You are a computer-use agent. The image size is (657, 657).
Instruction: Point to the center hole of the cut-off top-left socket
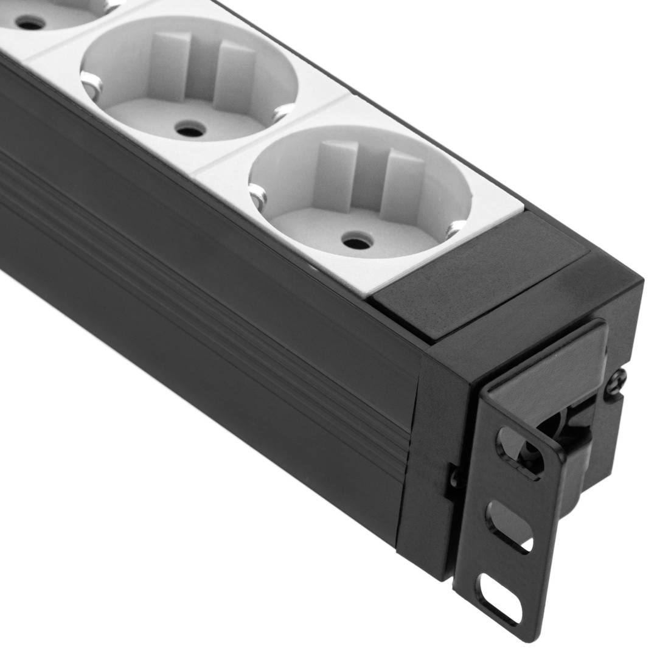[30, 23]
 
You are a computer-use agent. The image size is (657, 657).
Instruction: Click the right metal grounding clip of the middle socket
[282, 112]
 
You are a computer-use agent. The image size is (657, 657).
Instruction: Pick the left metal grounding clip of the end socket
[258, 196]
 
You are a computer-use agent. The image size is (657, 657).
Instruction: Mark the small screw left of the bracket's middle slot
[453, 477]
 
